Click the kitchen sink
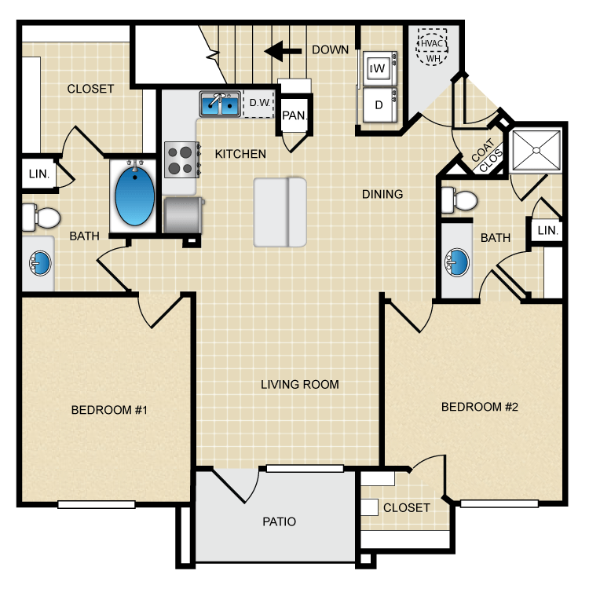pos(220,104)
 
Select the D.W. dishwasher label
pos(260,103)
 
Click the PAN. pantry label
pos(294,115)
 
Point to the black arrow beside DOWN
pos(283,51)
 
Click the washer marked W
pos(379,68)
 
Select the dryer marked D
pos(379,105)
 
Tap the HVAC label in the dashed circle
pos(431,43)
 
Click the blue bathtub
pos(134,197)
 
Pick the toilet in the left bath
pos(41,218)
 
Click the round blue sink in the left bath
pos(40,263)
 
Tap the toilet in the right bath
pos(459,200)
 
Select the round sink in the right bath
pos(457,262)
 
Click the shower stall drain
pos(536,151)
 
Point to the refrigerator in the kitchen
pos(184,216)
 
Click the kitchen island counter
pos(280,212)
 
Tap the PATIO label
pos(279,521)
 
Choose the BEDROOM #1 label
pos(109,410)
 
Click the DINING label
pos(382,194)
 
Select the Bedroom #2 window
pos(499,503)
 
